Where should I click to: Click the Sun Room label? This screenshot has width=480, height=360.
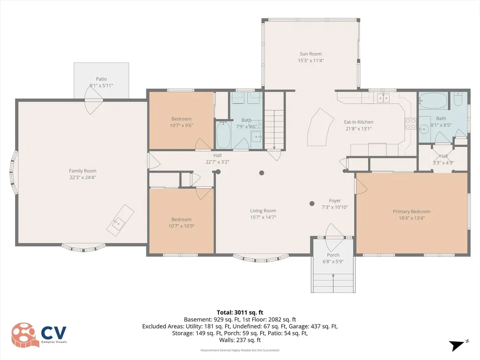(x=310, y=54)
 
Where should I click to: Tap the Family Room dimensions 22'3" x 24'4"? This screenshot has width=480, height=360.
(x=82, y=177)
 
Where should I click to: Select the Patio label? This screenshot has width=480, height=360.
(x=101, y=79)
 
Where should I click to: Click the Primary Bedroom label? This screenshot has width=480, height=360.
(x=412, y=211)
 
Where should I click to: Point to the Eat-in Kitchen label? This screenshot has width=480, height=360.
(x=359, y=122)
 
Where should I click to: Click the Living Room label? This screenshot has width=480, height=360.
(x=263, y=210)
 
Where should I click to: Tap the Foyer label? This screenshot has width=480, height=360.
(x=335, y=201)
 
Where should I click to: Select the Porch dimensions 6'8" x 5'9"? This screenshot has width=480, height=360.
(x=333, y=262)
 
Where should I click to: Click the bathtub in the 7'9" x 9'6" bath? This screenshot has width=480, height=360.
(x=224, y=135)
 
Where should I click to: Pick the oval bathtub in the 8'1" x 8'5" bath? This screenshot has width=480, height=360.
(x=433, y=101)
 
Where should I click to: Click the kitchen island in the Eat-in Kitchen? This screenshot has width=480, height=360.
(x=320, y=127)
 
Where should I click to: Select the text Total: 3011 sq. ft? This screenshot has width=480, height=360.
(x=240, y=313)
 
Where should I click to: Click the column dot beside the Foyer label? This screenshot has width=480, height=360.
(x=312, y=203)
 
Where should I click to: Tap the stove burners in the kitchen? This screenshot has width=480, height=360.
(x=411, y=123)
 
